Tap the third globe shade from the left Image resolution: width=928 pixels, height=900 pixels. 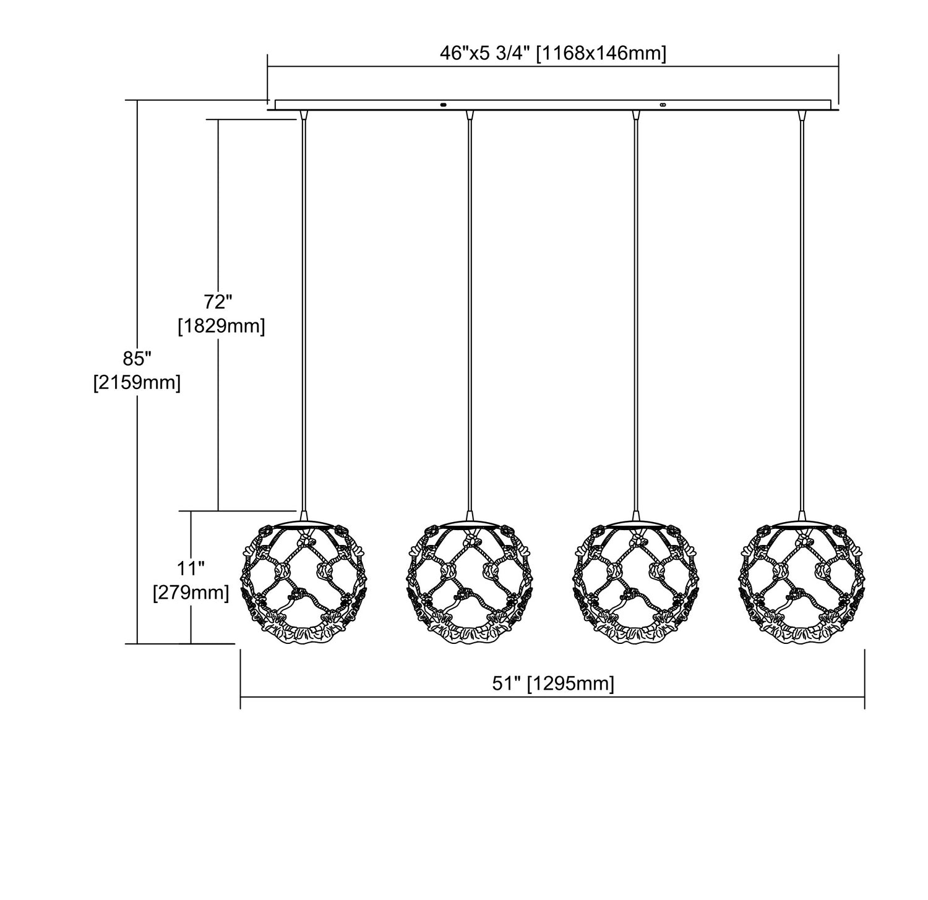[635, 583]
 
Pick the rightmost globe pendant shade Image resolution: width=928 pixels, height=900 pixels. [802, 583]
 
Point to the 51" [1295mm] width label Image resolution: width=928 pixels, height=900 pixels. [552, 684]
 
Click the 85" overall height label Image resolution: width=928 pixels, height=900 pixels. [137, 359]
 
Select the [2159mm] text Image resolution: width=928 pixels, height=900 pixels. [137, 383]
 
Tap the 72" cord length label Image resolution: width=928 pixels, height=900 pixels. [218, 302]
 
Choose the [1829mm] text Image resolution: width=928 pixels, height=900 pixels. [221, 326]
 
